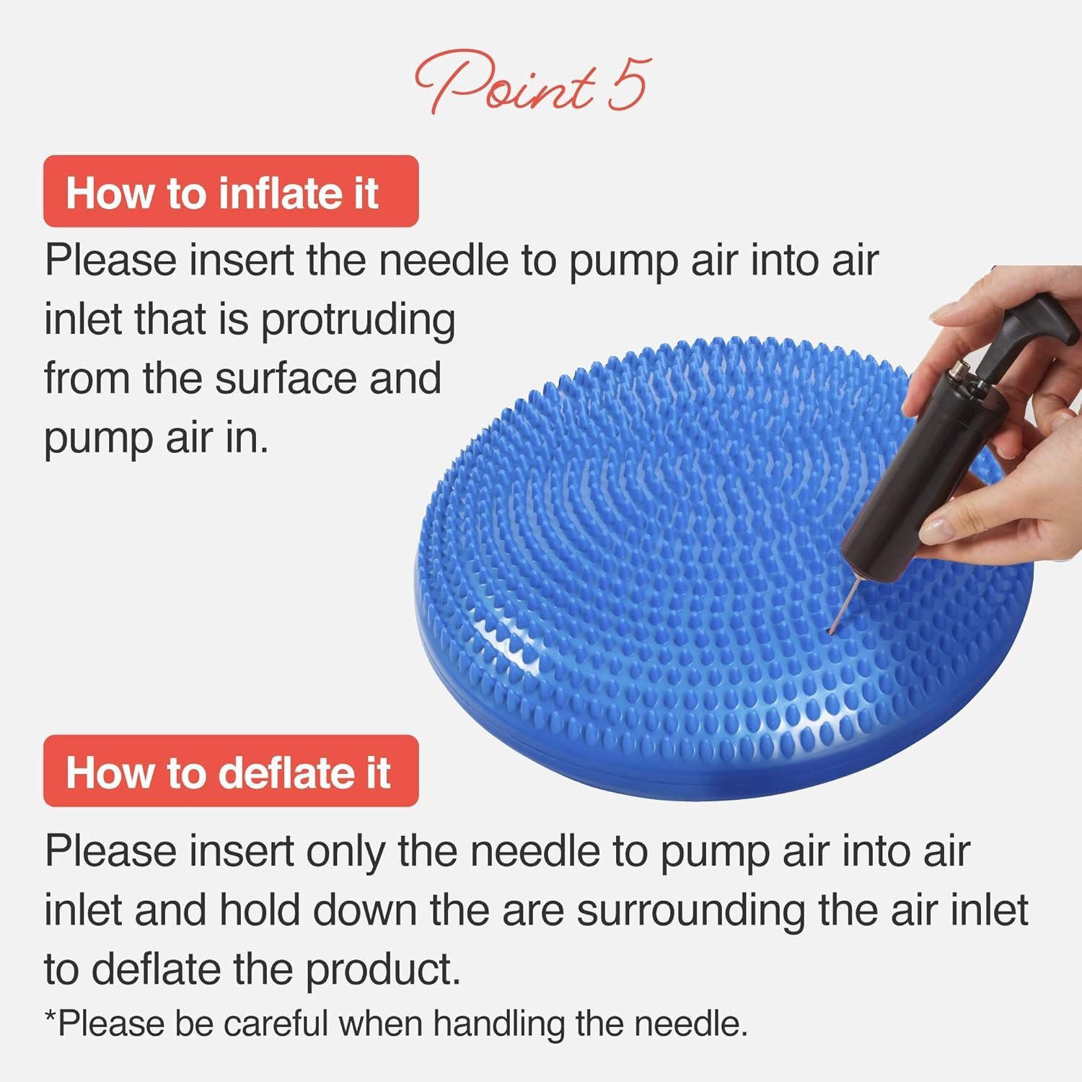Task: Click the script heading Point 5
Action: pos(532,83)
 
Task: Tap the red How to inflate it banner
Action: pos(231,192)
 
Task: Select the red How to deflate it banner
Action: pos(231,771)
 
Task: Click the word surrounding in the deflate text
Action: pos(690,910)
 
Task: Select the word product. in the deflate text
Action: pos(383,969)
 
